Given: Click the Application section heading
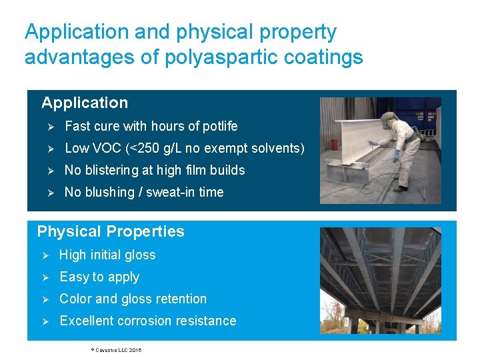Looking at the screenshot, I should [x=85, y=103].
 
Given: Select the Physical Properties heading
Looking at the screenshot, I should [x=111, y=231].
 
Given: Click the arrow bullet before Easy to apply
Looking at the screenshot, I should [x=46, y=277].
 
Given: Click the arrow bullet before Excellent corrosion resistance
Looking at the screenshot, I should [x=46, y=321].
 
